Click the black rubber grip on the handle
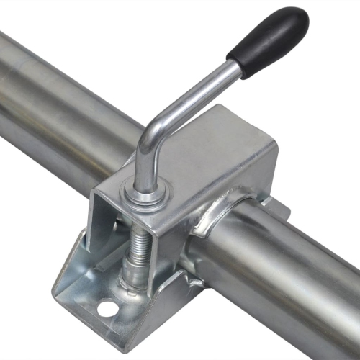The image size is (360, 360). (x=268, y=41)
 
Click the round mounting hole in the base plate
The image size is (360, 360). (x=107, y=309)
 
